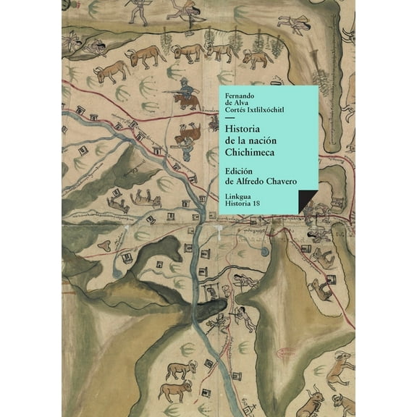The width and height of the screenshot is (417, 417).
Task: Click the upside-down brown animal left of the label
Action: click(x=188, y=135)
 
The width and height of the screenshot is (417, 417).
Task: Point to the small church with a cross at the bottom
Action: click(x=212, y=290)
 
